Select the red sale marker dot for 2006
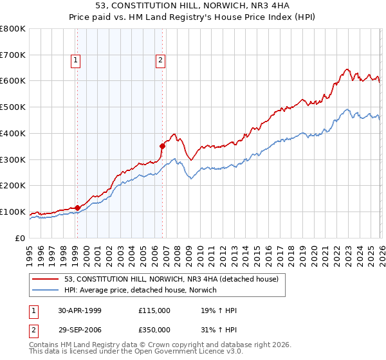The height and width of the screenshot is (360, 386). coord(163,146)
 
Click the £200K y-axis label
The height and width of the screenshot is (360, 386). coord(13,186)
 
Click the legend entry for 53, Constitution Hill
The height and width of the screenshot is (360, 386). coord(171,279)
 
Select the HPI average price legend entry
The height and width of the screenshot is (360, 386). coord(141,291)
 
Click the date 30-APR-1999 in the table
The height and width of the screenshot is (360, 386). coord(79,310)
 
